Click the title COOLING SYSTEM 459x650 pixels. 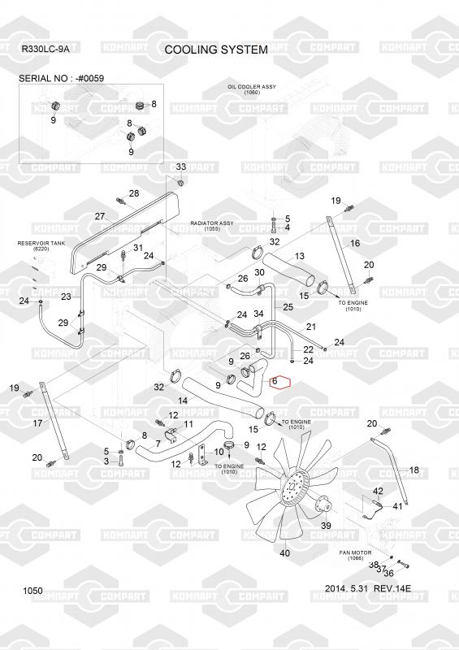216,50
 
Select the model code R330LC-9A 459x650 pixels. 45,49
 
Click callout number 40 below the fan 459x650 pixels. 285,552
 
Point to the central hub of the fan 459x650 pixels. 294,491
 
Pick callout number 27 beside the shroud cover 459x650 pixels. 99,216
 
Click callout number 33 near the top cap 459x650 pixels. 181,167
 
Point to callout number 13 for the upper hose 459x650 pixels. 299,256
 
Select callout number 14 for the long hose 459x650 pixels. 183,401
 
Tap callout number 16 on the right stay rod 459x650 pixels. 355,243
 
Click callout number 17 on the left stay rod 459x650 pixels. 37,422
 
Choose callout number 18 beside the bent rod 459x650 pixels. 414,470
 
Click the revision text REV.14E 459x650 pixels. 392,588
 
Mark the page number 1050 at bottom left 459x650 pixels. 32,591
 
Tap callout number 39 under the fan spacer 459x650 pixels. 326,525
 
